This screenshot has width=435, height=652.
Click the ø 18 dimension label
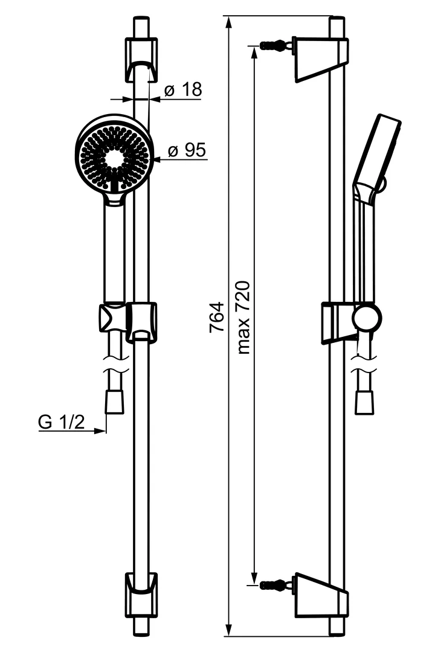[x=182, y=90]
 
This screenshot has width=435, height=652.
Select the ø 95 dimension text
[x=187, y=150]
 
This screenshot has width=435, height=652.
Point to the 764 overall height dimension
[x=216, y=317]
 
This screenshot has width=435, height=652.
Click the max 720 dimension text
[x=243, y=317]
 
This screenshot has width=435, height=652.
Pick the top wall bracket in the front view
[x=141, y=60]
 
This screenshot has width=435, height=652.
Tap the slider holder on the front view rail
[x=141, y=321]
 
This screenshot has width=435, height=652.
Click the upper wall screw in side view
[x=273, y=45]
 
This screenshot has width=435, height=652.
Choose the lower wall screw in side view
[x=273, y=584]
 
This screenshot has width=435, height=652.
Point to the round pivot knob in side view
[x=367, y=318]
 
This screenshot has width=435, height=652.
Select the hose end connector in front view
[x=114, y=402]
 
